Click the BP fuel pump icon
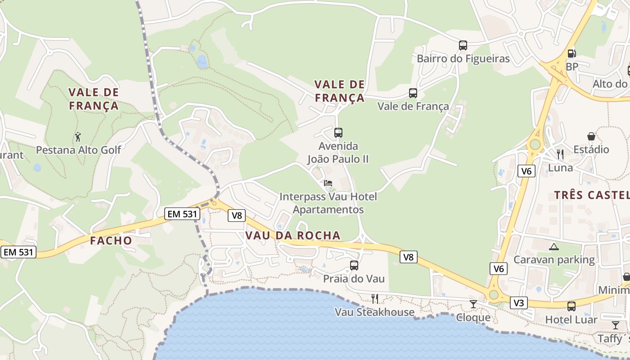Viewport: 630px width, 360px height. (x=571, y=53)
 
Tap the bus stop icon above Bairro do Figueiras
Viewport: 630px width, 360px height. (x=463, y=45)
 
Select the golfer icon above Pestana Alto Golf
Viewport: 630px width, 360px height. (x=78, y=136)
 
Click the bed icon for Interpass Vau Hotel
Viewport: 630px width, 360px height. (x=328, y=183)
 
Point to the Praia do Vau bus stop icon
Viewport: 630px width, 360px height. (x=354, y=265)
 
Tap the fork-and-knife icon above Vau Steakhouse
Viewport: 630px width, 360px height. (x=374, y=298)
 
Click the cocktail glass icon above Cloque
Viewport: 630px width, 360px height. (x=473, y=304)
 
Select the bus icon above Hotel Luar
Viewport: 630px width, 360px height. (x=571, y=306)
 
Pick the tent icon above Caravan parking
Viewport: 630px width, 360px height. (x=554, y=247)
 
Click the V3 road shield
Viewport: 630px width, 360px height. (x=519, y=303)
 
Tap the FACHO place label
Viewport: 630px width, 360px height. (x=111, y=241)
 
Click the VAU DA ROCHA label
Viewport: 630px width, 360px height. (x=293, y=235)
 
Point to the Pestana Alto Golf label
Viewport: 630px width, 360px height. (x=79, y=150)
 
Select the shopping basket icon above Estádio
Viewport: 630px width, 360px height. (x=591, y=136)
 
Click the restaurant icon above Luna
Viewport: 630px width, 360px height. (x=560, y=154)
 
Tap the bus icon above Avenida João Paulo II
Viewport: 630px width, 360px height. (x=338, y=132)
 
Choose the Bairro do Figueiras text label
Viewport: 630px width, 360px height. (x=463, y=58)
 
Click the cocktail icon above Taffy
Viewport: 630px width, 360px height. (x=615, y=325)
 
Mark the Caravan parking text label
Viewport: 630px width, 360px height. (x=554, y=260)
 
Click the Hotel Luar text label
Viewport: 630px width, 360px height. (x=571, y=320)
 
